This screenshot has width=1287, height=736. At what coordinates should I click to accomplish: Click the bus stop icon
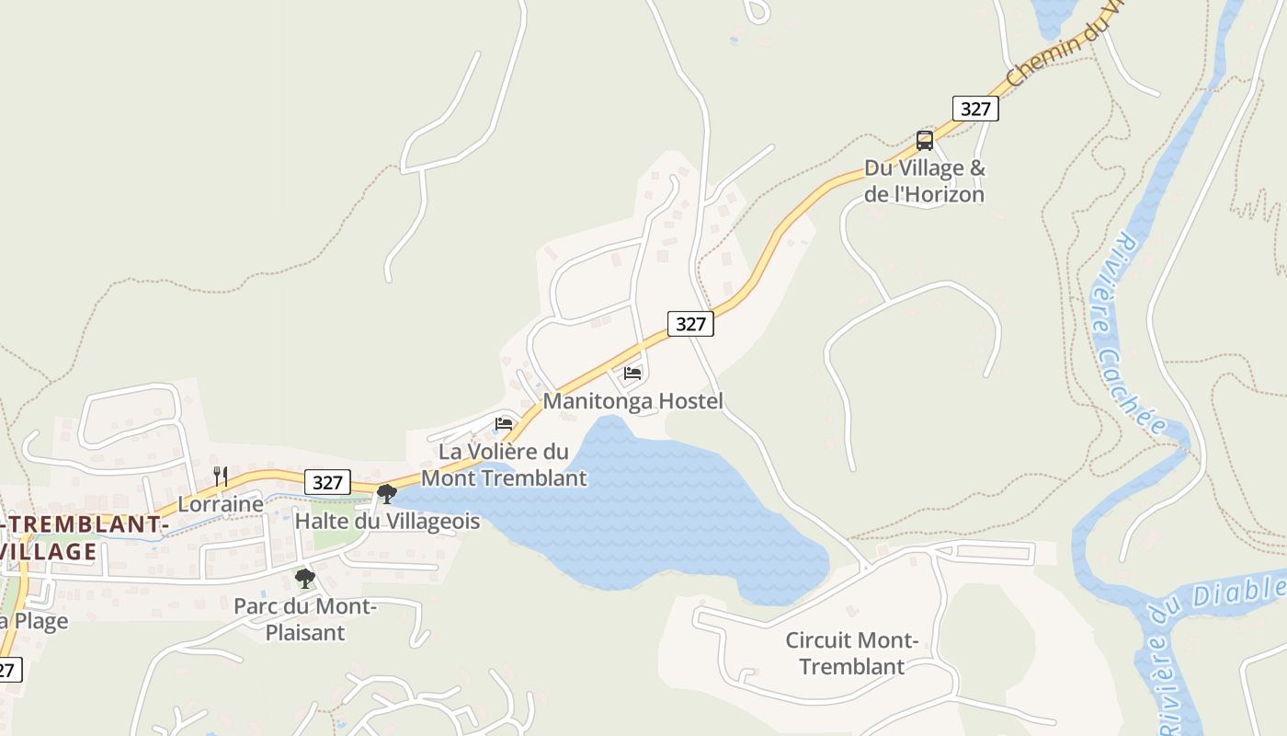click(x=925, y=141)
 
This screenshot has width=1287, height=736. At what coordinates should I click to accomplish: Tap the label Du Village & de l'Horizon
click(x=924, y=181)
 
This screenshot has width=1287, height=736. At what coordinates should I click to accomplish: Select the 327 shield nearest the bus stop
click(x=975, y=109)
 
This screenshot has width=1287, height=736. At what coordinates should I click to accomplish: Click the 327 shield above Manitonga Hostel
click(x=690, y=323)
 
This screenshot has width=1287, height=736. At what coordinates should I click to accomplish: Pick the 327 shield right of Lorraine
click(x=327, y=482)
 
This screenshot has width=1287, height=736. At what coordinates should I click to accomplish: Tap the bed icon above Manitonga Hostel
click(x=632, y=374)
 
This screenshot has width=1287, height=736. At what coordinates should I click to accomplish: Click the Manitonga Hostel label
click(x=632, y=401)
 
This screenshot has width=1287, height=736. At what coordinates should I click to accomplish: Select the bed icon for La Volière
click(x=504, y=424)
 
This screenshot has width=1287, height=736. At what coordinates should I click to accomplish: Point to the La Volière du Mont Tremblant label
click(x=504, y=465)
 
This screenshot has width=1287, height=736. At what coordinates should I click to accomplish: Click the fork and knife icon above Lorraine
click(x=221, y=476)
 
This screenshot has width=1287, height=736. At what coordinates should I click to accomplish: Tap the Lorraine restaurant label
click(x=220, y=504)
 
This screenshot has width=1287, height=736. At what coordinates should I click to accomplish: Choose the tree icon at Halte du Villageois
click(x=387, y=494)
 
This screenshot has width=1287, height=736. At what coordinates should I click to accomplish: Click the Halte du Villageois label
click(x=387, y=522)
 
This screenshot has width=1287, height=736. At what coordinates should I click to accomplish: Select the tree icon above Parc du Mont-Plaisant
click(x=305, y=579)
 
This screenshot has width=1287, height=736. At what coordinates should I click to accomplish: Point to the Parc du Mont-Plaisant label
click(x=305, y=619)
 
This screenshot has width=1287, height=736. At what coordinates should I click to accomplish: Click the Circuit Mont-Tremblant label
click(x=852, y=653)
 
